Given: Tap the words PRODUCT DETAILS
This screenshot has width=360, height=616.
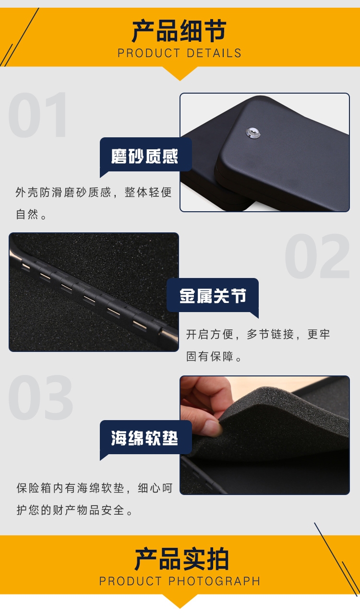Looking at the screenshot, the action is point(180,53).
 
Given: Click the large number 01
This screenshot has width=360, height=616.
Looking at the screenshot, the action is point(37,115).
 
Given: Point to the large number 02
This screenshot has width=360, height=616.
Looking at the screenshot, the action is point(317,256).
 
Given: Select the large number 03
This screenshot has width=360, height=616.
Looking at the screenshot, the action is point(40,398).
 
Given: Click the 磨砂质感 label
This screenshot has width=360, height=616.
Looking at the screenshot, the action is point(144,156).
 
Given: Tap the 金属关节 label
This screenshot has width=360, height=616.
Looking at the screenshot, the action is point(213,296).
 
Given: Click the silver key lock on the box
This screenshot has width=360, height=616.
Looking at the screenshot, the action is point(253,133).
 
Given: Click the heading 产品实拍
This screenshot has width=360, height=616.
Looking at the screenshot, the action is point(181,559).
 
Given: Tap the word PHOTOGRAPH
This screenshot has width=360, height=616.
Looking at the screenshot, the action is point(214,581).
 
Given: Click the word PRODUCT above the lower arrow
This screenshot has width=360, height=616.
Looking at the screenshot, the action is point(131,581).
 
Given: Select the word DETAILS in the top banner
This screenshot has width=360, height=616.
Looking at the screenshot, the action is point(214,53).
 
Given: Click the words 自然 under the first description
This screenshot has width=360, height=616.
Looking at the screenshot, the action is point(27,214).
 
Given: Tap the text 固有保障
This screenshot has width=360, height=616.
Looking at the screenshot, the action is point(210,356).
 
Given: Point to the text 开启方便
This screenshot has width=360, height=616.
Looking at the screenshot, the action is point(210,334).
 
